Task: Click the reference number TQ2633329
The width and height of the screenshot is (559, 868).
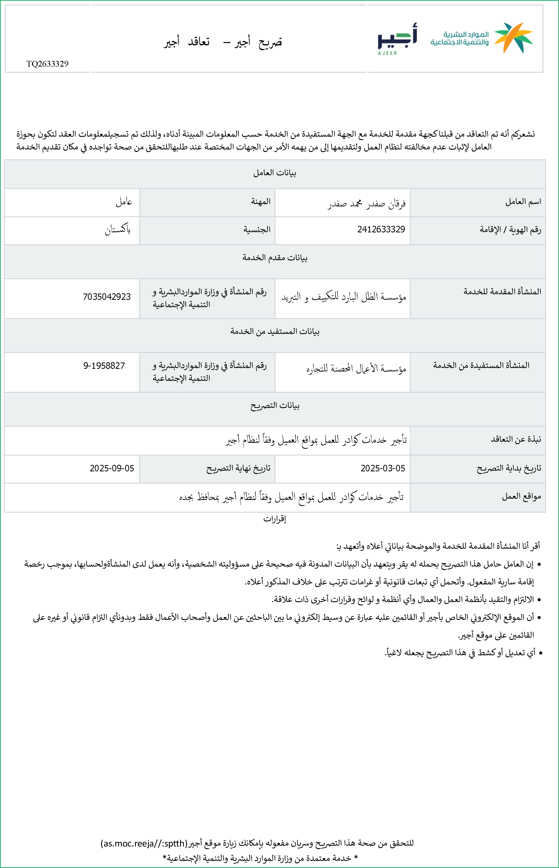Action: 47,64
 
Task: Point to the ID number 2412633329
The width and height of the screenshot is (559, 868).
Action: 381,229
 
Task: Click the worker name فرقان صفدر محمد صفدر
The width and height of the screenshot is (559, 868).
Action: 367,204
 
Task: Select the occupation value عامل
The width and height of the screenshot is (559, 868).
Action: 124,202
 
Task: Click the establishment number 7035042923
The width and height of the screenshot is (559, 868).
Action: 107,297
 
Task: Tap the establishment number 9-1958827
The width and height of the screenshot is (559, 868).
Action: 104,366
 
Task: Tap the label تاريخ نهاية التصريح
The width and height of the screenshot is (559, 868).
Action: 238,468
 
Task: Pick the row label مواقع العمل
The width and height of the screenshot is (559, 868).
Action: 521,496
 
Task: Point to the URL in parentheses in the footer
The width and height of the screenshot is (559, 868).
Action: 144,843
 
